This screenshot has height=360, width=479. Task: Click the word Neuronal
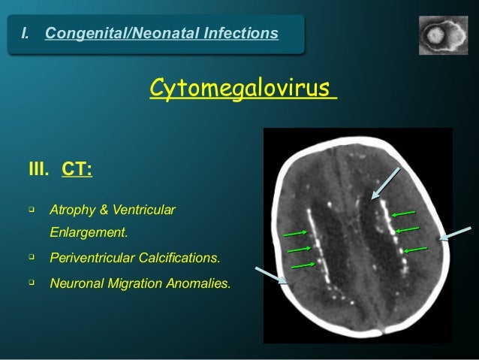(74, 285)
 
